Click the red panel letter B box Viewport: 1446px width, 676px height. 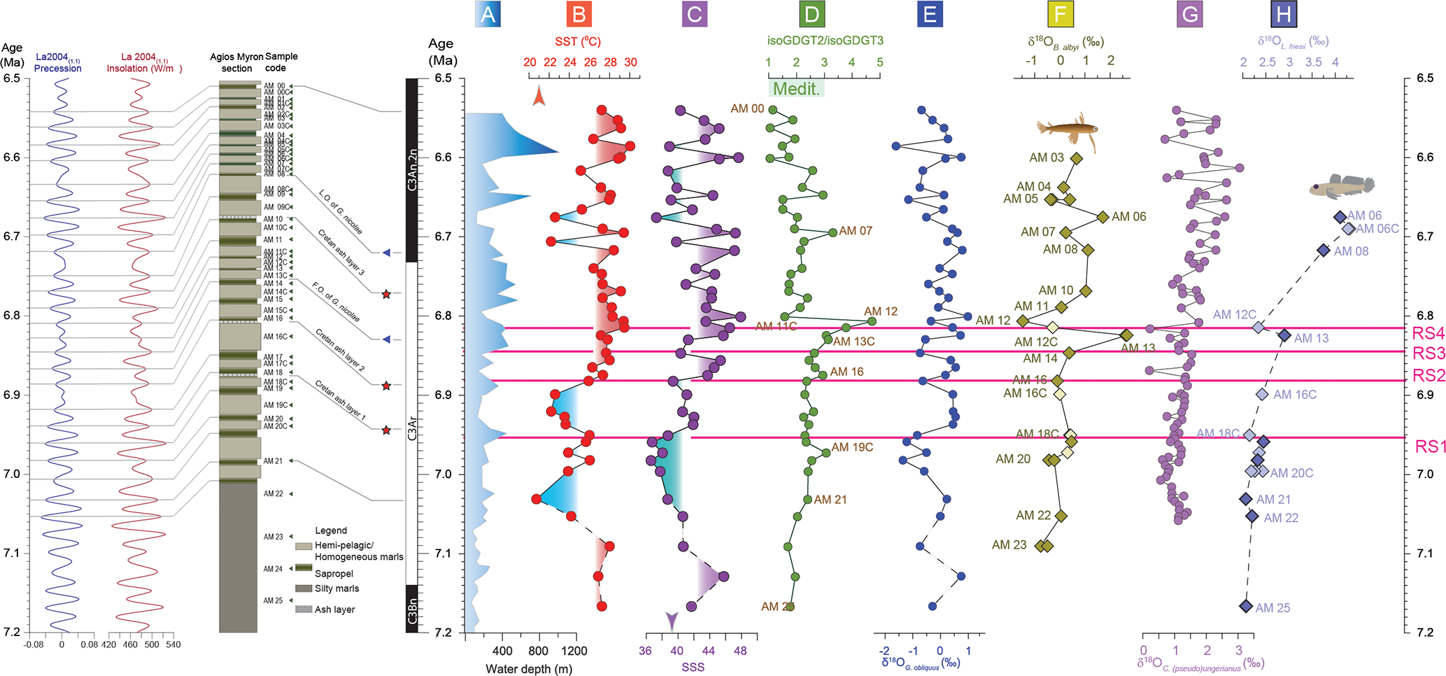point(579,14)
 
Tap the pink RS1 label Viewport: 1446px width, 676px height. point(1429,446)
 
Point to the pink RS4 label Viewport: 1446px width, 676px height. point(1428,333)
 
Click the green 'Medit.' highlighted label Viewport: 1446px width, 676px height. point(796,89)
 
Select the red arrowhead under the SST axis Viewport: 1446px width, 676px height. point(538,95)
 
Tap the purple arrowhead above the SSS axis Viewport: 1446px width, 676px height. point(672,620)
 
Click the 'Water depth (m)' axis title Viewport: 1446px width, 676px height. point(529,669)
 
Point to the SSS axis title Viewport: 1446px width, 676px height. point(693,667)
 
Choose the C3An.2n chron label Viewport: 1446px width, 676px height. point(412,170)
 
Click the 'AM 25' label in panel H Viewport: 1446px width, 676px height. point(1273,608)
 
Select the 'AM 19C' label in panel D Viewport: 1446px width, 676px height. point(852,447)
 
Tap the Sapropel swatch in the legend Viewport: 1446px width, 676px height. point(303,569)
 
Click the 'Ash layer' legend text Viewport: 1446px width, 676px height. point(334,610)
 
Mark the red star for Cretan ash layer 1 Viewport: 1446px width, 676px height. point(386,430)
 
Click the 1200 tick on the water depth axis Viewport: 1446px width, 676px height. point(574,651)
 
